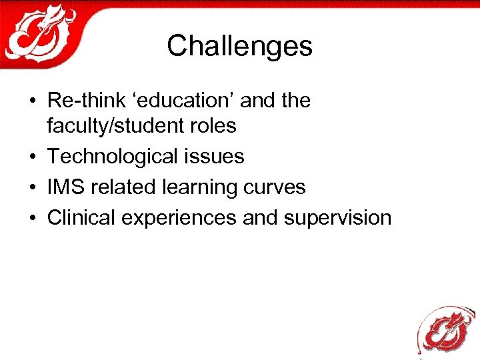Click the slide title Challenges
coord(239,46)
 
